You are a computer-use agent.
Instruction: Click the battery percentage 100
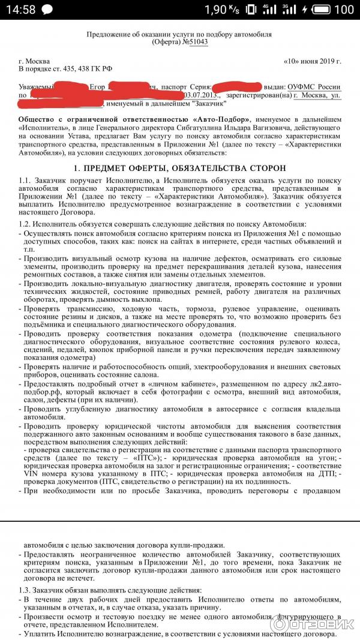pyautogui.click(x=343, y=10)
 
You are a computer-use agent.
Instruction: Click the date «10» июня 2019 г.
pyautogui.click(x=312, y=62)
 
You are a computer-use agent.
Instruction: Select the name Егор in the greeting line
pyautogui.click(x=98, y=88)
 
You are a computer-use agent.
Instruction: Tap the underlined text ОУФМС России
pyautogui.click(x=314, y=88)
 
